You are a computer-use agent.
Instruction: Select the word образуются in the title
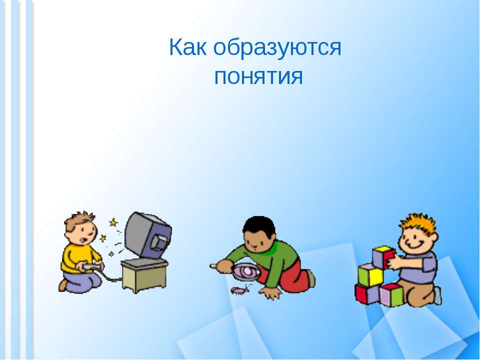coord(278,49)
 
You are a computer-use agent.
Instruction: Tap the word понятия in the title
coord(258,77)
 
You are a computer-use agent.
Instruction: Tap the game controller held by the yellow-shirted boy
coord(92,267)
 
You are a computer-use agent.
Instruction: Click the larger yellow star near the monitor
coord(113,222)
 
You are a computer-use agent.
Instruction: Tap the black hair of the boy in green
coord(258,225)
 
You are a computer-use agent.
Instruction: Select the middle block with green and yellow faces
coord(370,274)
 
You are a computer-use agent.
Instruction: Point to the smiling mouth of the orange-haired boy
coord(416,245)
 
